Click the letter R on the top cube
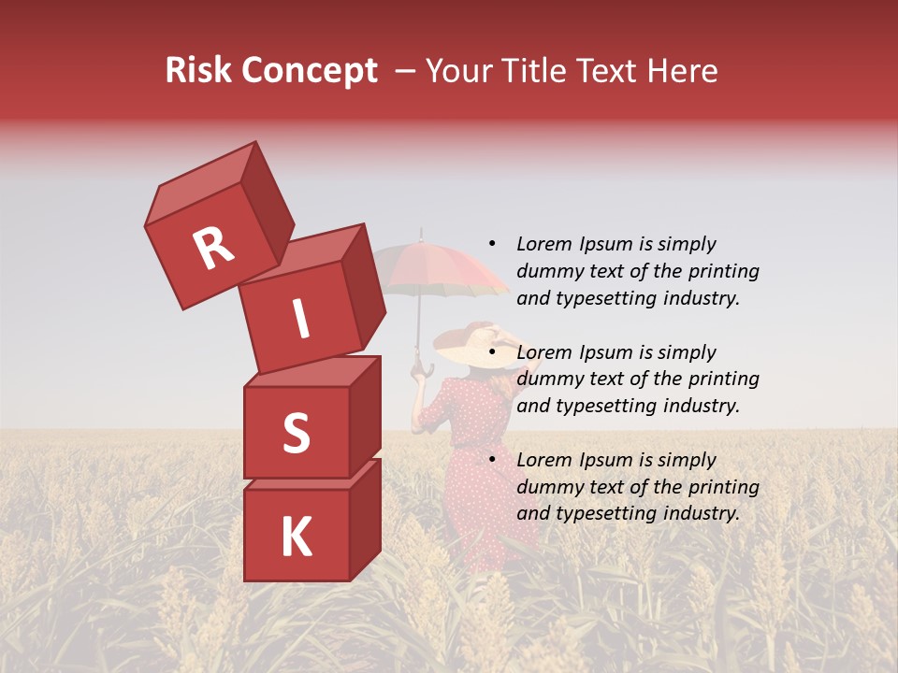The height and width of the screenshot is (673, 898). (213, 248)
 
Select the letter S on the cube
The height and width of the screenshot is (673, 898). (296, 434)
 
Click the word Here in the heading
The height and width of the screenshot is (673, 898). (681, 71)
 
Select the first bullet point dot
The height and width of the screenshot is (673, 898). (492, 244)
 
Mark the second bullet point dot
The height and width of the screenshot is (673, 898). (492, 352)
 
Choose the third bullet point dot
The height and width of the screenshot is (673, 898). (492, 460)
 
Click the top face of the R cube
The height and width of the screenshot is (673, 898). (201, 183)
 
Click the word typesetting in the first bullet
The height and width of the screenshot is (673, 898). (605, 299)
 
